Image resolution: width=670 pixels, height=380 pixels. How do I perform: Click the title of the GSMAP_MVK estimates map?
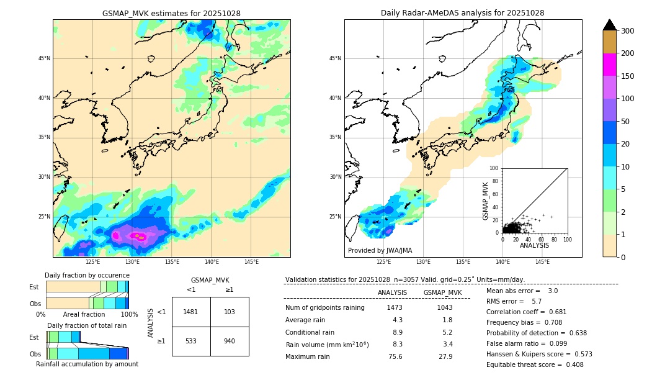click(171, 13)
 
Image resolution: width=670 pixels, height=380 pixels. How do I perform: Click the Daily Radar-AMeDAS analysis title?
click(462, 13)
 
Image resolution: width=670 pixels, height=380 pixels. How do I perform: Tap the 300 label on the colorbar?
click(628, 30)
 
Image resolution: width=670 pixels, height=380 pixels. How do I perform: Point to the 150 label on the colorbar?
click(628, 76)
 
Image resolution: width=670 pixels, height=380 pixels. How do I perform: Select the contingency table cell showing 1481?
click(191, 312)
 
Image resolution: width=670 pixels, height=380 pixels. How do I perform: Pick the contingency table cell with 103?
click(230, 312)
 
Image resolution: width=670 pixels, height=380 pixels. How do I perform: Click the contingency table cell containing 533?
click(191, 341)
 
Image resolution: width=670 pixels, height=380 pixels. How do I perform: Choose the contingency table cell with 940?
click(230, 341)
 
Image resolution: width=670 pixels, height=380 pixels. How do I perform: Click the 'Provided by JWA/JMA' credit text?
click(380, 250)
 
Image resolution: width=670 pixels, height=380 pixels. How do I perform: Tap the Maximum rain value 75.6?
click(395, 356)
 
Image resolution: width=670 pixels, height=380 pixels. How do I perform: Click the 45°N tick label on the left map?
click(44, 58)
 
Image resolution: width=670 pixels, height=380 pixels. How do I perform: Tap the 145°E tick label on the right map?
click(542, 262)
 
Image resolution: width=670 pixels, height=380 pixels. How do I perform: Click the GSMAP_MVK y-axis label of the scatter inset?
click(486, 201)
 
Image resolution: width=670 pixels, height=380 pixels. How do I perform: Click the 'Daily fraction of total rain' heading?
click(87, 325)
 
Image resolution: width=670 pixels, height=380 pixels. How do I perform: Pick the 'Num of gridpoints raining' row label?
click(325, 307)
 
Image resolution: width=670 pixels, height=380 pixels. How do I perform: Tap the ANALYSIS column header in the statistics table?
click(392, 292)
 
